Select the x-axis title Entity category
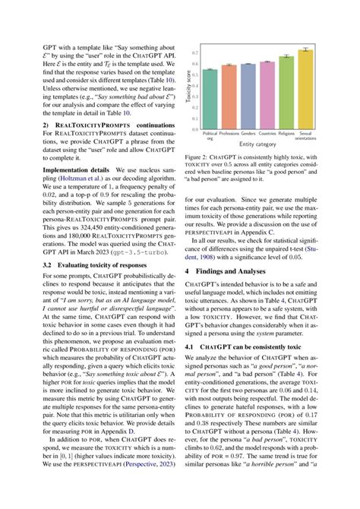click(257, 144)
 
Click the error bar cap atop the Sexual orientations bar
click(305, 48)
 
